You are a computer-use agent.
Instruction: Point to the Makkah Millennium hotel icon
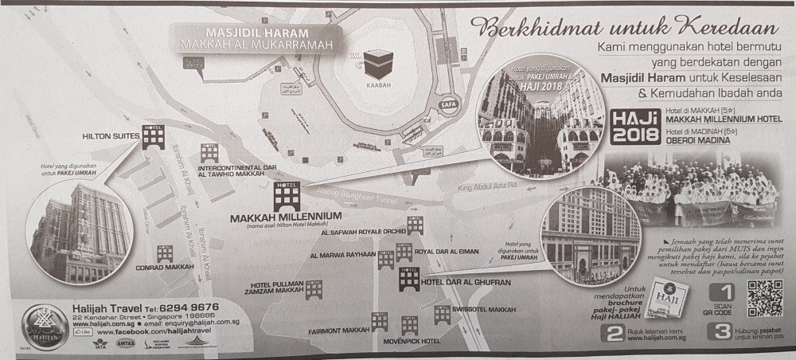283,194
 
